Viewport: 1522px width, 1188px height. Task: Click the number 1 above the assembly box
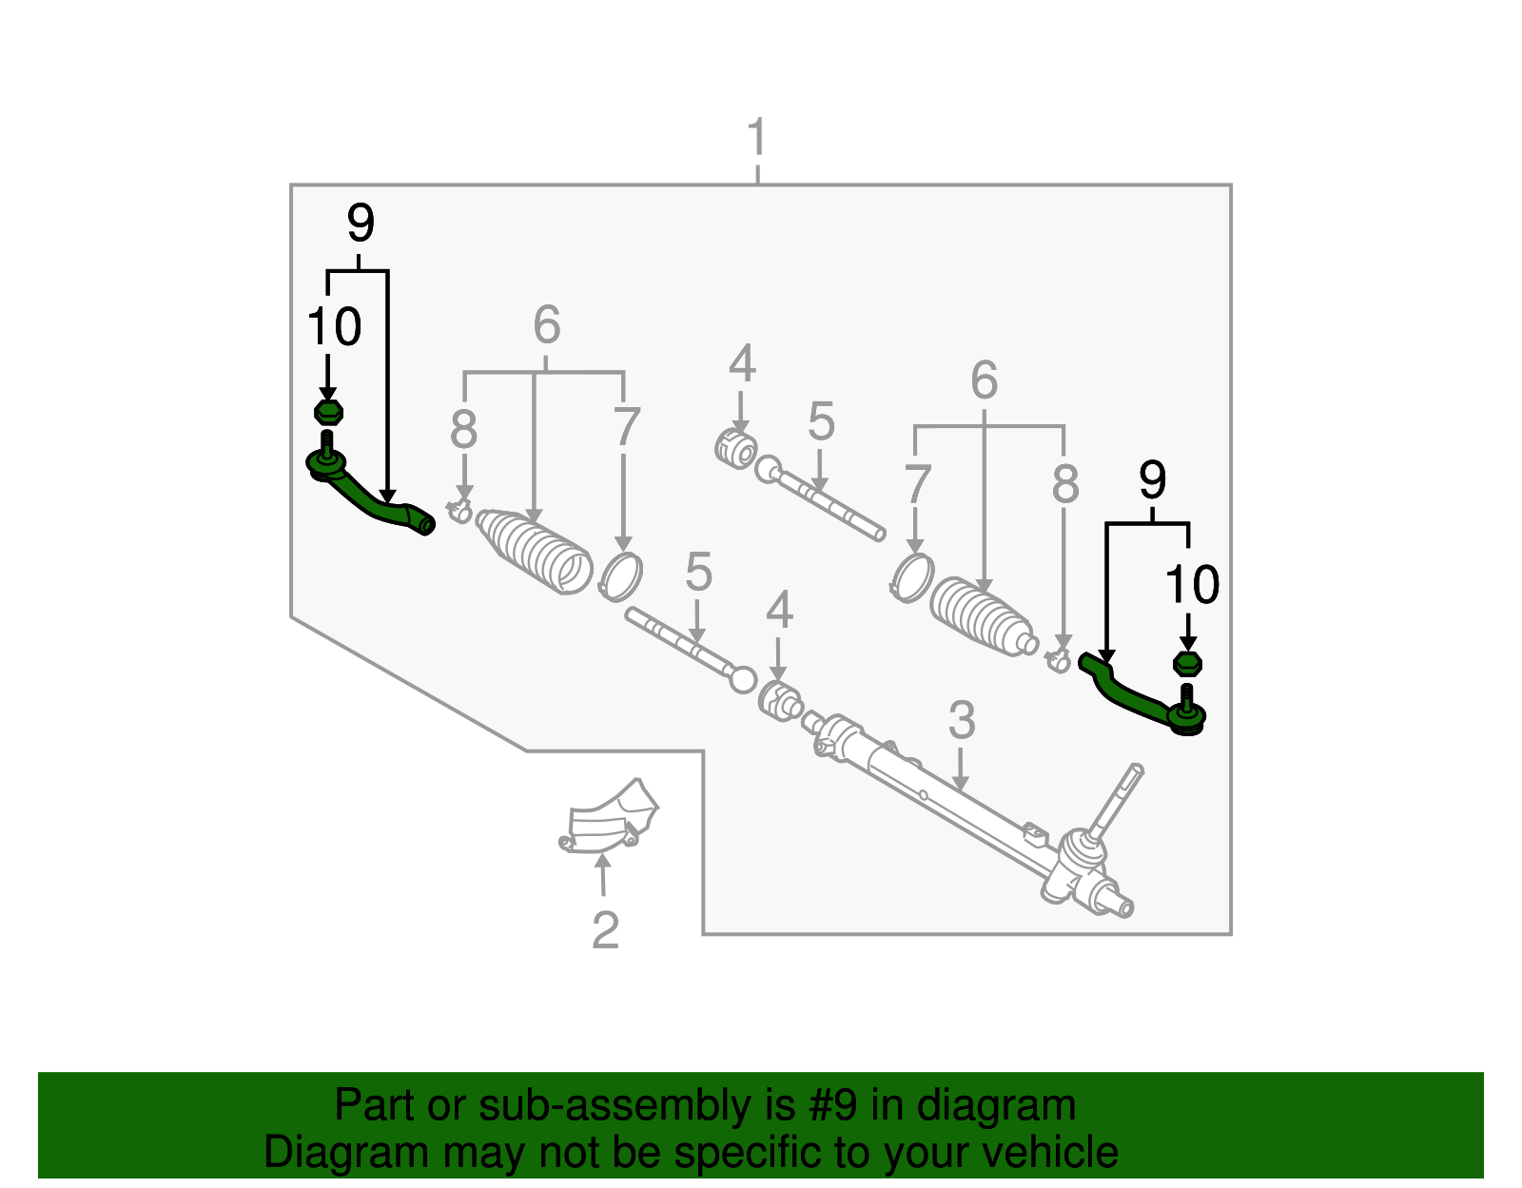pos(757,139)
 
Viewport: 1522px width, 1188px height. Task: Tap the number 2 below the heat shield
pos(605,930)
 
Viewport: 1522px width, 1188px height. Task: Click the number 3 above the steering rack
pos(962,720)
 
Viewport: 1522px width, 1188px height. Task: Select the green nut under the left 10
pos(328,413)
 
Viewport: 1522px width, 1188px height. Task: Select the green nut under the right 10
pos(1188,664)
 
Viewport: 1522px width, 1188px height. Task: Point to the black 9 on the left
pos(361,224)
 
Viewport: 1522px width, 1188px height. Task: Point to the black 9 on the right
pos(1152,480)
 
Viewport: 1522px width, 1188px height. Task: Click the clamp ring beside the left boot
pos(621,576)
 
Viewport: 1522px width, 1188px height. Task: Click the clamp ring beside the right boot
pos(913,577)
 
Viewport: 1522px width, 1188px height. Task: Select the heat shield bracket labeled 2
pos(609,820)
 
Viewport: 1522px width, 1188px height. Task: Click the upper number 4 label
pos(742,365)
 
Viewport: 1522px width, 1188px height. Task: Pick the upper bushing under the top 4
pos(735,448)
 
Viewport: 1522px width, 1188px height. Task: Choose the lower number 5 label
pos(698,574)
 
